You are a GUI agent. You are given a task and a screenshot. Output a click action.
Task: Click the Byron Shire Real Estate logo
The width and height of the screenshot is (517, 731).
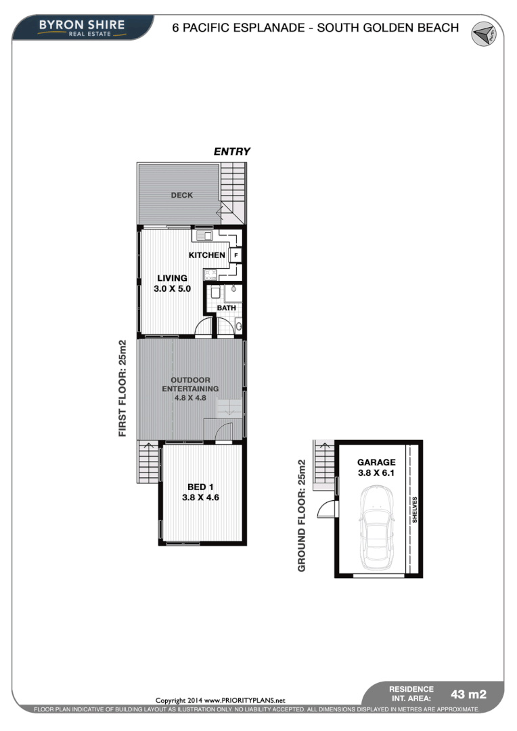[81, 27]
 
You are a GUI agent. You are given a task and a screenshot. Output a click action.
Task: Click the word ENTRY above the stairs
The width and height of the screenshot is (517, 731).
[232, 152]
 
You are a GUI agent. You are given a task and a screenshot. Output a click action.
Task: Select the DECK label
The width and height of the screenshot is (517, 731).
[181, 195]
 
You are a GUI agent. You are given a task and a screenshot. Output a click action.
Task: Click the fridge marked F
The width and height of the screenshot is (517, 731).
[235, 255]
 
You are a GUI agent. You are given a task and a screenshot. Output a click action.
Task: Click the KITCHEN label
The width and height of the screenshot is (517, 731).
[206, 255]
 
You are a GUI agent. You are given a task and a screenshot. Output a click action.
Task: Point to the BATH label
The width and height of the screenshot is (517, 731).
[226, 308]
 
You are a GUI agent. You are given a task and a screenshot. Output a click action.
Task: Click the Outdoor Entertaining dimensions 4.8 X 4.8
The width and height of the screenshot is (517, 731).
[190, 398]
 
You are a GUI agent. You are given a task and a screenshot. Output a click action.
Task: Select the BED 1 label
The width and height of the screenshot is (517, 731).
[200, 487]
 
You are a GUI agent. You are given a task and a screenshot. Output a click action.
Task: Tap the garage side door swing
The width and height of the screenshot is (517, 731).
[327, 508]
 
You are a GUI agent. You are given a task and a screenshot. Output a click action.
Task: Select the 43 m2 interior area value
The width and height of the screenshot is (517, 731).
[468, 694]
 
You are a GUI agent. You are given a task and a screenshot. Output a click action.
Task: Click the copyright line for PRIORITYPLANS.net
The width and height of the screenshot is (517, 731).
[221, 700]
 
